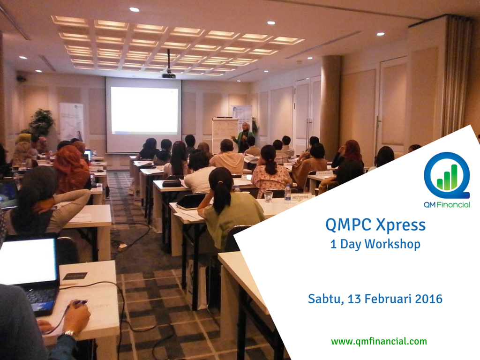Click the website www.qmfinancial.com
pos(379,341)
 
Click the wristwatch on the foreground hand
pos(70,333)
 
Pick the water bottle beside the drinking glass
pos(287,193)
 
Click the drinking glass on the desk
pos(269,196)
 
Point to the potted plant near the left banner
pos(41,123)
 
